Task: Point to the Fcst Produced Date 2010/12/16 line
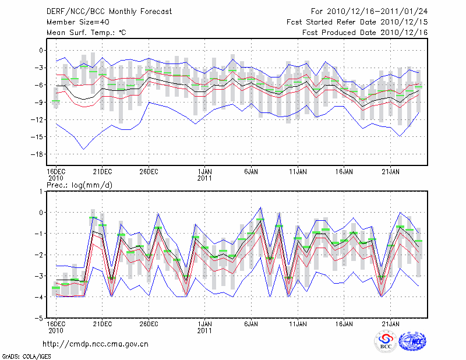tap(365, 33)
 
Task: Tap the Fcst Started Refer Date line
tap(357, 22)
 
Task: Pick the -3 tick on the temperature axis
tap(40, 68)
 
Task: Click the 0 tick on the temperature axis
tap(41, 50)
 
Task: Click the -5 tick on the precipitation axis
tap(40, 319)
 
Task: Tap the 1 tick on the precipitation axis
tap(41, 191)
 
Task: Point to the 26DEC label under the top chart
tap(149, 172)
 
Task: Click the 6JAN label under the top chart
tap(251, 172)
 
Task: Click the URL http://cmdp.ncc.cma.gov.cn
tap(96, 344)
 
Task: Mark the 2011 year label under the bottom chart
tap(204, 330)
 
